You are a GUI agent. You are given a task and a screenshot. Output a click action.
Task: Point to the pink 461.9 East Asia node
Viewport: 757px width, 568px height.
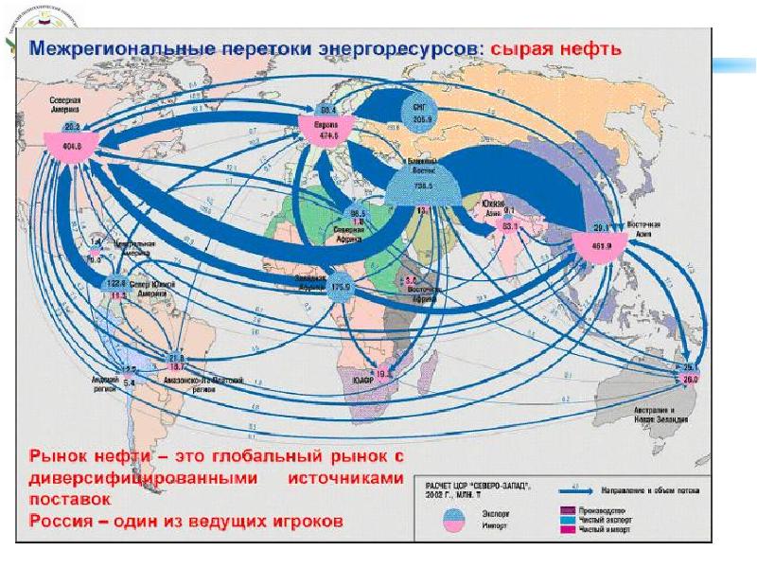point(601,249)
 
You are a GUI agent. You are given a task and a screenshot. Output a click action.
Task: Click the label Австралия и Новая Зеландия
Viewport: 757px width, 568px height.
point(673,414)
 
